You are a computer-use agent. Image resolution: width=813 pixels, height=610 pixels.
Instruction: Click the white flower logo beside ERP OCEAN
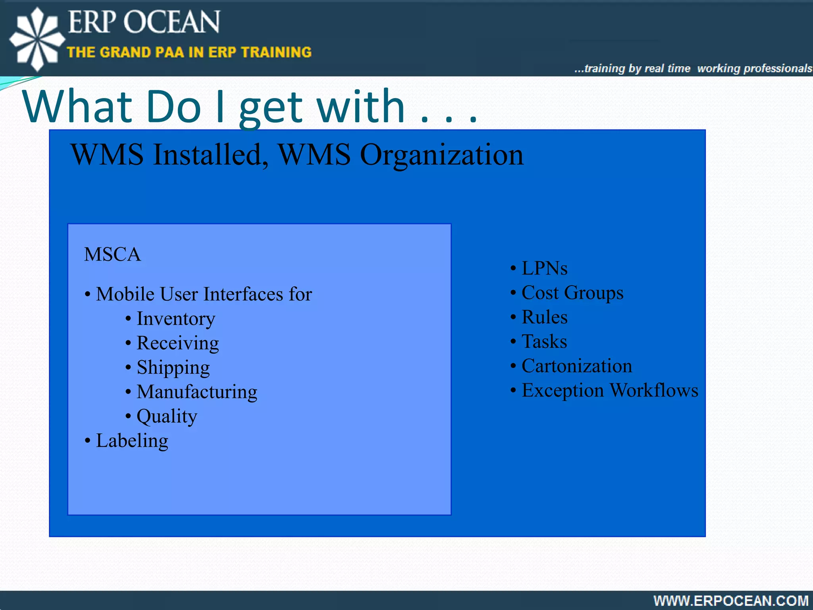click(x=37, y=39)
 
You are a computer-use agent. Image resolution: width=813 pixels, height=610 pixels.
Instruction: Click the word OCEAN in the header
click(x=171, y=22)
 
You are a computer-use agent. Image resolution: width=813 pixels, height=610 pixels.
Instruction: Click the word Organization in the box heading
click(x=441, y=155)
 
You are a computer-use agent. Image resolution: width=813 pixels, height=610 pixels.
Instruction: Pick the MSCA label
click(x=112, y=254)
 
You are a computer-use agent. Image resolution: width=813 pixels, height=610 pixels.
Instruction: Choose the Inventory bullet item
click(x=175, y=319)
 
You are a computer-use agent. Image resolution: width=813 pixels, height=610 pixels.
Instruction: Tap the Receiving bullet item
click(x=177, y=343)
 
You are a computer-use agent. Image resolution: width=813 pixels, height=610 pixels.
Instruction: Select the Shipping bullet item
click(x=173, y=368)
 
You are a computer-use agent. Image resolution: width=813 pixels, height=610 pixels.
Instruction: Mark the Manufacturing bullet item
click(x=197, y=392)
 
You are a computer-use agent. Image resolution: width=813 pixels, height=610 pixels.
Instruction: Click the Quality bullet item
click(x=167, y=416)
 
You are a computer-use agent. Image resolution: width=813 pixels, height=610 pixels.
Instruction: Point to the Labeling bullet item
click(x=132, y=441)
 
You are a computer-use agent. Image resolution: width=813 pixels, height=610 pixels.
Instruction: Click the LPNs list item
click(x=544, y=268)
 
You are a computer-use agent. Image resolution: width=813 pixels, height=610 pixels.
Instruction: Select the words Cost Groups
click(x=572, y=293)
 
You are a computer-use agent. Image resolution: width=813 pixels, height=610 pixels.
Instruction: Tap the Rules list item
click(x=544, y=317)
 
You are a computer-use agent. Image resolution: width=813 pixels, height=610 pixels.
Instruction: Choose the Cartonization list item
click(x=576, y=366)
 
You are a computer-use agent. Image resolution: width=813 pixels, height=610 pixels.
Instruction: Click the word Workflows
click(x=654, y=390)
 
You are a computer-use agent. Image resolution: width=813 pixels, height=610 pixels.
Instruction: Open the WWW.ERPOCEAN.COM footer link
click(x=731, y=600)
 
